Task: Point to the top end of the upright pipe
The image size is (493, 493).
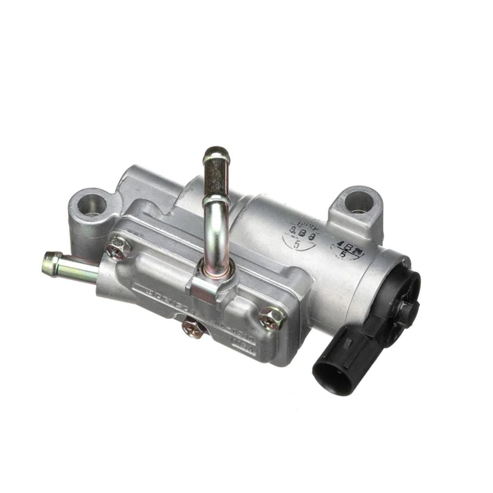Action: [x=216, y=154]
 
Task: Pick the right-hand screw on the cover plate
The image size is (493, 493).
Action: [x=272, y=316]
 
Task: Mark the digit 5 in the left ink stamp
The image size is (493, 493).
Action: [x=296, y=244]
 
